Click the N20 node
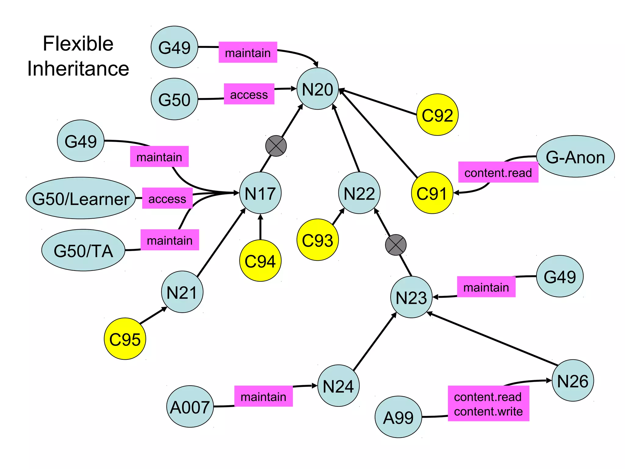pos(317,89)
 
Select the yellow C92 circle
pos(437,115)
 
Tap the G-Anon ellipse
pos(575,157)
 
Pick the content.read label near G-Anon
pos(498,173)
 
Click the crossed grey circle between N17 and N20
pos(276,146)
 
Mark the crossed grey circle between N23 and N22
pos(396,245)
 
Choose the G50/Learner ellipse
pos(81,198)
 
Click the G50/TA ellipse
pos(83,250)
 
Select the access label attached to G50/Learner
pos(167,198)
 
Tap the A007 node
pos(190,407)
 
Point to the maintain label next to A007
pos(263,396)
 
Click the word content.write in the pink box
pos(488,411)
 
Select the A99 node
pos(398,417)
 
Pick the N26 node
pos(573,380)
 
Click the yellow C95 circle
pos(125,339)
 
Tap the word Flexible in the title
pos(78,43)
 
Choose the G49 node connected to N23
pos(559,276)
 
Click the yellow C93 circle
pos(317,240)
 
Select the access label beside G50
pos(249,94)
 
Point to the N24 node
pos(338,386)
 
